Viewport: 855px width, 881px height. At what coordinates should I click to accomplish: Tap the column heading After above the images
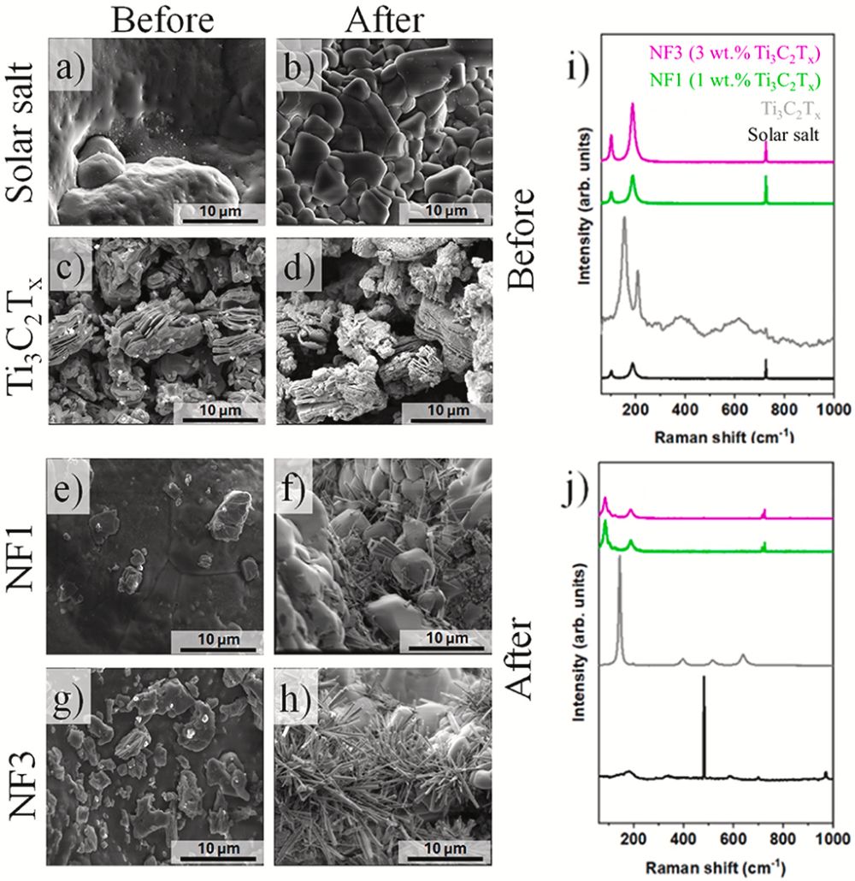[385, 19]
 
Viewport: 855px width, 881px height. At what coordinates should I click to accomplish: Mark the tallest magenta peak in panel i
[633, 105]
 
